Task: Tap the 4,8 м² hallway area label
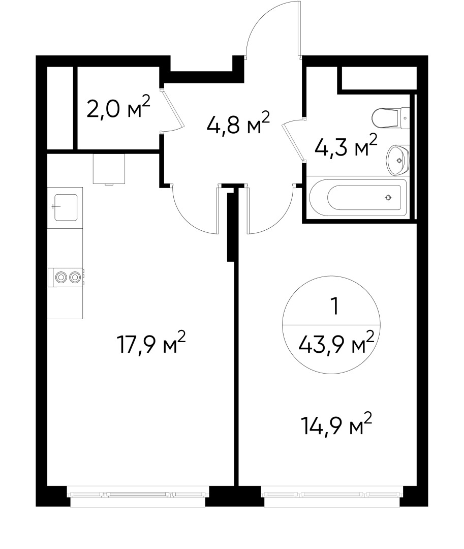237,124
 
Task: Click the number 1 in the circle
334,307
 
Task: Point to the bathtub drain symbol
388,198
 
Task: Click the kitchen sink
66,207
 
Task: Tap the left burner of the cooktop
61,277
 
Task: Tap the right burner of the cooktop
75,277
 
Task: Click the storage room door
172,109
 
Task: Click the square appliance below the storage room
109,168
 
